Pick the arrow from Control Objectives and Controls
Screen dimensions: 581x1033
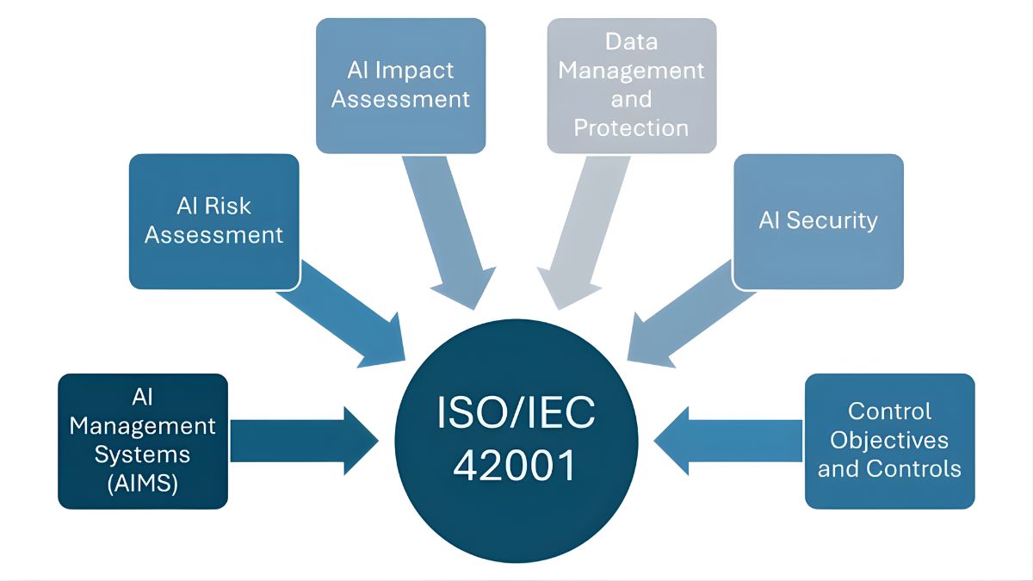[x=732, y=441]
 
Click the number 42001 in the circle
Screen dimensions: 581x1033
[x=514, y=466]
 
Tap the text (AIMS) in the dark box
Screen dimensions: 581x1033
[x=143, y=484]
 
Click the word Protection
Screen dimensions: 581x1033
[x=631, y=128]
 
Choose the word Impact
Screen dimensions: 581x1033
[x=416, y=70]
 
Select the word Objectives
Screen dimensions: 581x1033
[x=889, y=440]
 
